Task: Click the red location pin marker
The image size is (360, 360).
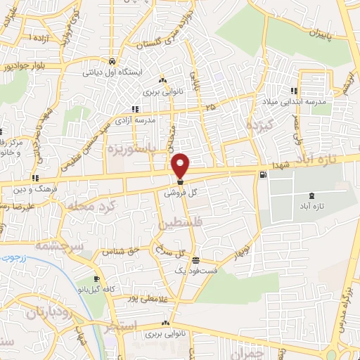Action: pos(181,165)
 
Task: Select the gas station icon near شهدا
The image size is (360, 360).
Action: pos(263,174)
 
